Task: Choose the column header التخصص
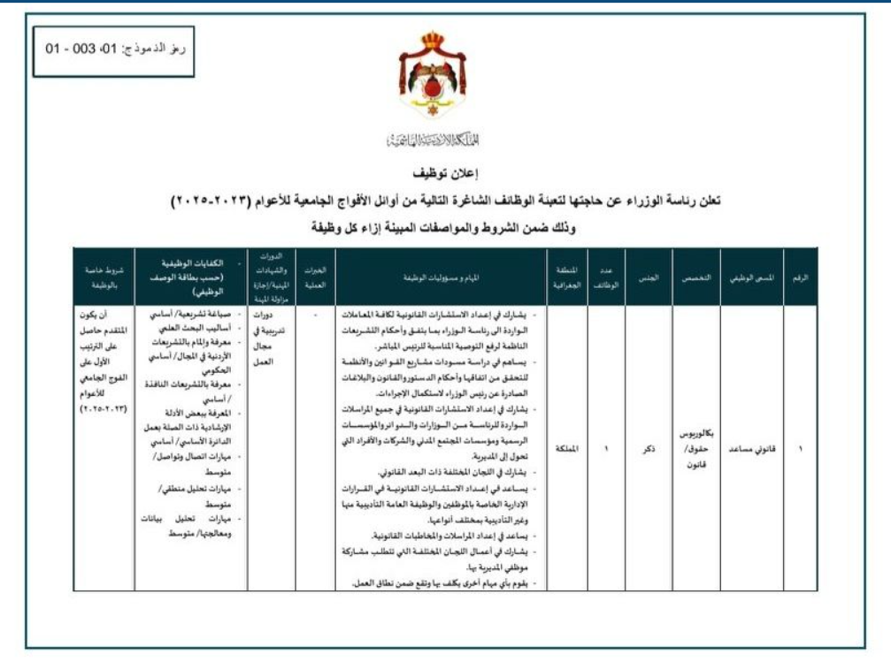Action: [x=695, y=277]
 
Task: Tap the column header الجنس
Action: [x=649, y=277]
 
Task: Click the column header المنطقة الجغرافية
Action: [x=565, y=277]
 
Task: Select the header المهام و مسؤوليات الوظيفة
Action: [x=440, y=277]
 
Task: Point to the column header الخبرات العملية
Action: [x=316, y=277]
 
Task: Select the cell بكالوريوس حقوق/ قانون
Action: [x=696, y=449]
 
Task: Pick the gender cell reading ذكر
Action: [x=649, y=449]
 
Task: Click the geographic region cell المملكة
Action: [x=565, y=449]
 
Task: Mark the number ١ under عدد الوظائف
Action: [x=606, y=449]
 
